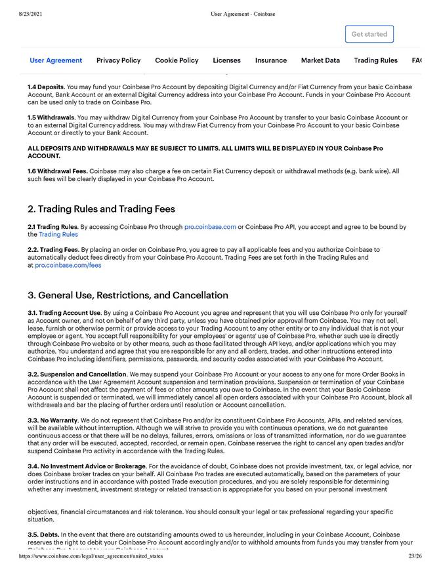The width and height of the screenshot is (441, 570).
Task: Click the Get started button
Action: [x=369, y=34]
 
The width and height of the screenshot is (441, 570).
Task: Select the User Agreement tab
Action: [x=56, y=60]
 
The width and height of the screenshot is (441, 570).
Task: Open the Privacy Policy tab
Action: [x=118, y=60]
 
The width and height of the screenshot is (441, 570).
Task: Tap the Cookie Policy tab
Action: [x=177, y=60]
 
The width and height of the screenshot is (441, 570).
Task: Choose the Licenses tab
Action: [x=226, y=60]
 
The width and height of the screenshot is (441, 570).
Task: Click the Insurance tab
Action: [x=270, y=60]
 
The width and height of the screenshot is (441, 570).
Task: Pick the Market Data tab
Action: [x=320, y=60]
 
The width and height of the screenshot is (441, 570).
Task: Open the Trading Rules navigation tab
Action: [x=375, y=60]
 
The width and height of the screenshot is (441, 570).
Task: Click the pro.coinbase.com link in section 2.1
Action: [x=210, y=227]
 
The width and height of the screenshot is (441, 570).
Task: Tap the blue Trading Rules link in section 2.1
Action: [x=58, y=234]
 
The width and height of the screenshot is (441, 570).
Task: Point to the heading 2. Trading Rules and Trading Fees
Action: [x=101, y=209]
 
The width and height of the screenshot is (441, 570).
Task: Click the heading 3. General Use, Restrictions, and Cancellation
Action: [x=128, y=295]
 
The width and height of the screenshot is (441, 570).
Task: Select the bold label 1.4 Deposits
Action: [x=47, y=87]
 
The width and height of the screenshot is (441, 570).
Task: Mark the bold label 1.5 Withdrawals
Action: [x=51, y=118]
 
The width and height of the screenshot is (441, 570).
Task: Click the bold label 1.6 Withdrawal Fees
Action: [x=57, y=171]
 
